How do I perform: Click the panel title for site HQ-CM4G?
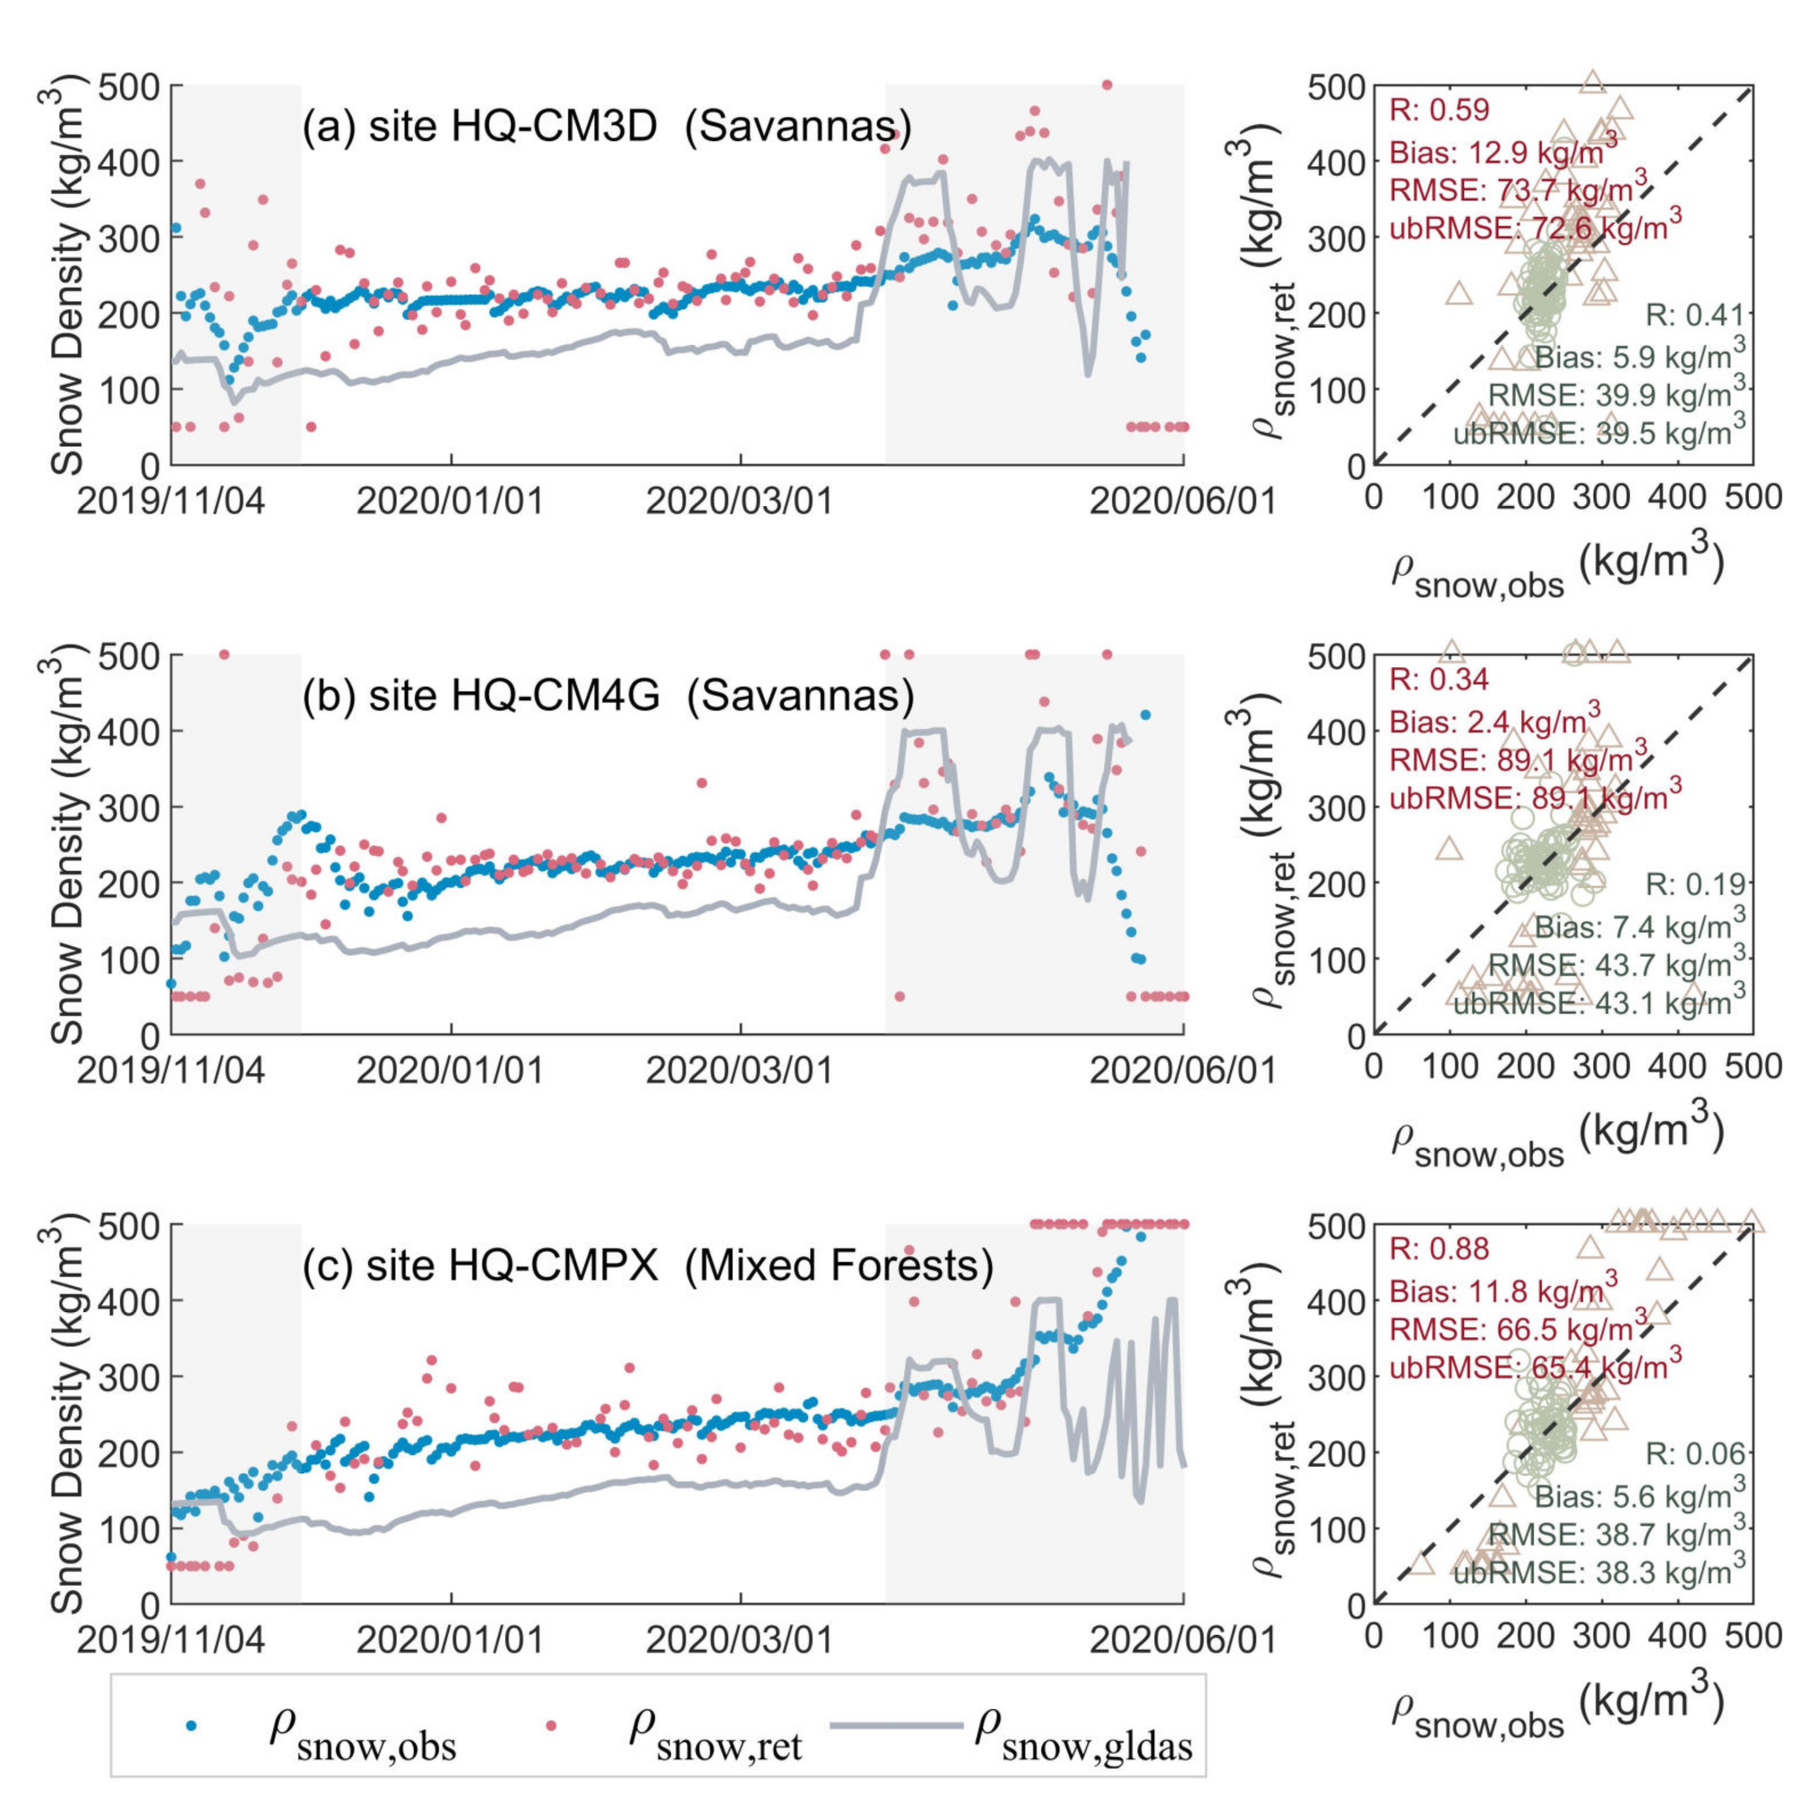click(608, 696)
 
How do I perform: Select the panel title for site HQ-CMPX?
click(648, 1265)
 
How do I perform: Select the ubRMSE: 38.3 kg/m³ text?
click(1599, 1568)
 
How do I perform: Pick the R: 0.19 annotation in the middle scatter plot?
click(1695, 884)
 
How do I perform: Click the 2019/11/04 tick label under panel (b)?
click(171, 1071)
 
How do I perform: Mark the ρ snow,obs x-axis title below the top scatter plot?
click(1558, 571)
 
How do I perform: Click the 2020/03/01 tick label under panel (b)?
click(740, 1071)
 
